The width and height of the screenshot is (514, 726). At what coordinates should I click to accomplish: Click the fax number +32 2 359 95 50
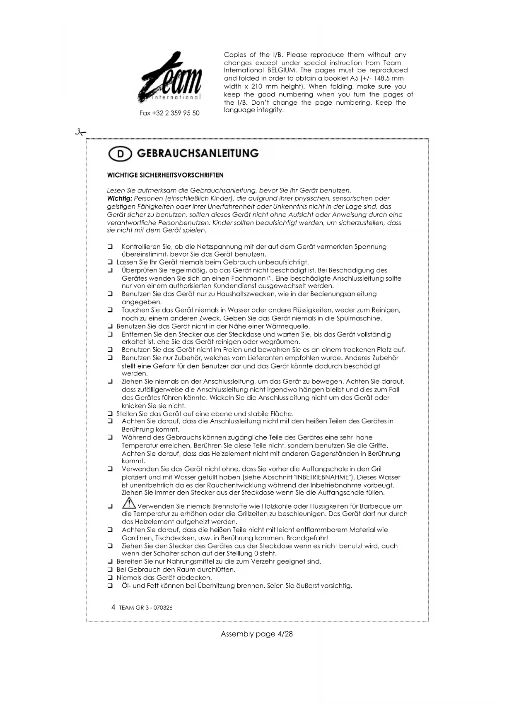(169, 113)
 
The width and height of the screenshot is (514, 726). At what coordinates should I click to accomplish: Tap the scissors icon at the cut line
(80, 132)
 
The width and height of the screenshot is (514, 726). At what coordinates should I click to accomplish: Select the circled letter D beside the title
(120, 154)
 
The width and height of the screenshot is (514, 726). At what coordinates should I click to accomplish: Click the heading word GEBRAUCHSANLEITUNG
(198, 153)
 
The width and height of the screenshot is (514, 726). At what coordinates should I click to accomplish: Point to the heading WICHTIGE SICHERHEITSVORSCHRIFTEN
(165, 175)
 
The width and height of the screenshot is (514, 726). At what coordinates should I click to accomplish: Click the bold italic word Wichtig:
(119, 199)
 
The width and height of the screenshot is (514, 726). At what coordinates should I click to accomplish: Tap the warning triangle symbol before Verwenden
(129, 503)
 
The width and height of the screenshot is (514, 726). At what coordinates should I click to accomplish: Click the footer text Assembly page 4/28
(257, 634)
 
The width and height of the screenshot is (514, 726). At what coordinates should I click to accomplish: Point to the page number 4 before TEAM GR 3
(113, 607)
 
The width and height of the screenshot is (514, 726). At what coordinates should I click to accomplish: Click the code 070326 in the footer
(163, 608)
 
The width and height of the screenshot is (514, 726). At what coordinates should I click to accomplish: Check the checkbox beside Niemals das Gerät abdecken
(110, 578)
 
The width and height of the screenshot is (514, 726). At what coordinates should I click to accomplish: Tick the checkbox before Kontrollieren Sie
(110, 247)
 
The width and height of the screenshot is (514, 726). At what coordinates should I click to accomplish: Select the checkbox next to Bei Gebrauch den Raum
(110, 570)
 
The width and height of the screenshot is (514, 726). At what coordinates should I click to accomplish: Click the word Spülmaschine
(360, 318)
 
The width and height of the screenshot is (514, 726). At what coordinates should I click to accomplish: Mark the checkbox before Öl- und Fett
(110, 586)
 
